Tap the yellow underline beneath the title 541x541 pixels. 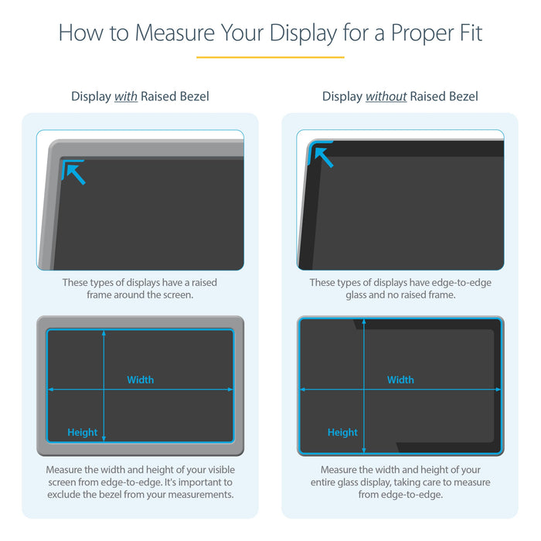tap(270, 56)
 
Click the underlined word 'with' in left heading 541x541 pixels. tap(126, 97)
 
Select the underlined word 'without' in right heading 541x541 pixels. tap(386, 97)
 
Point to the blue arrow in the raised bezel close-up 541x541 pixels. tap(74, 172)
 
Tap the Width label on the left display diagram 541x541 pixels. tap(140, 379)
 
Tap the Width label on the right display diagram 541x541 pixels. tap(400, 379)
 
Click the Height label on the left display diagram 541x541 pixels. tap(82, 432)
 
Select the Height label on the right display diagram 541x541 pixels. tap(342, 432)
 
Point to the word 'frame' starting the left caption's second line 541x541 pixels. tap(100, 294)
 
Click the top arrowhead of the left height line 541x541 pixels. tap(104, 333)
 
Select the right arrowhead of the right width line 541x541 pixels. tap(497, 390)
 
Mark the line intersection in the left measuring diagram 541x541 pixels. tap(104, 390)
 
